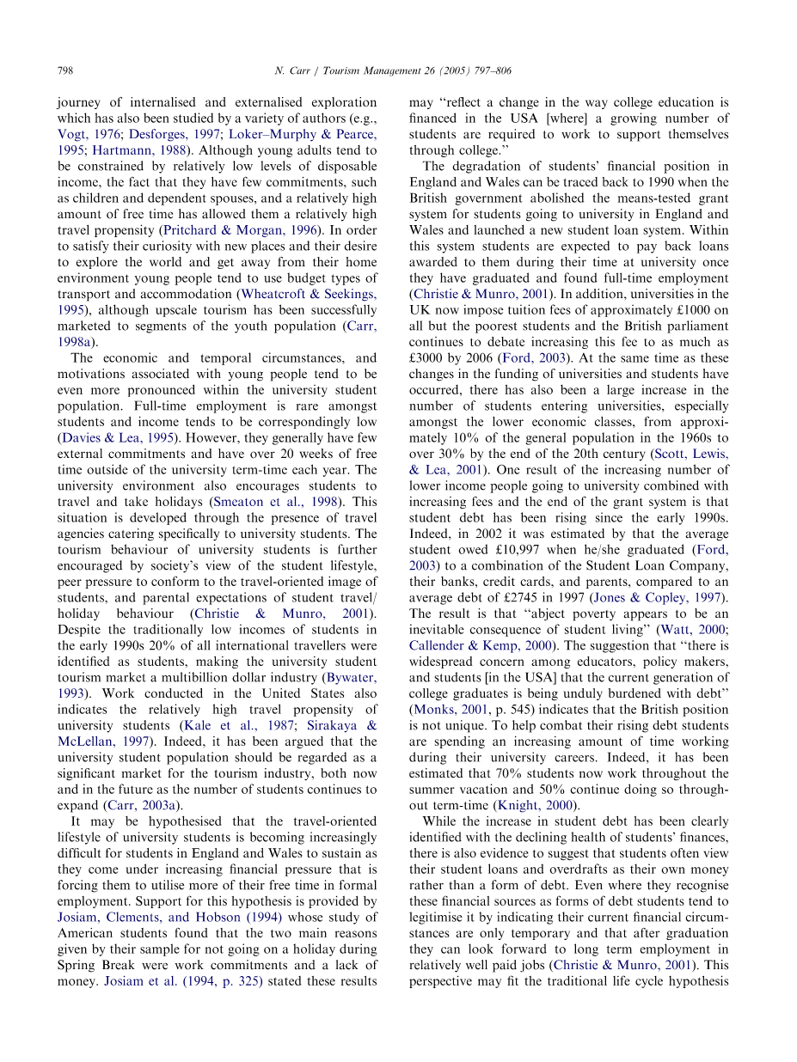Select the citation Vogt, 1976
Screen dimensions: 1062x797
(88, 135)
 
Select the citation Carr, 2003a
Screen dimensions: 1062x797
(148, 805)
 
